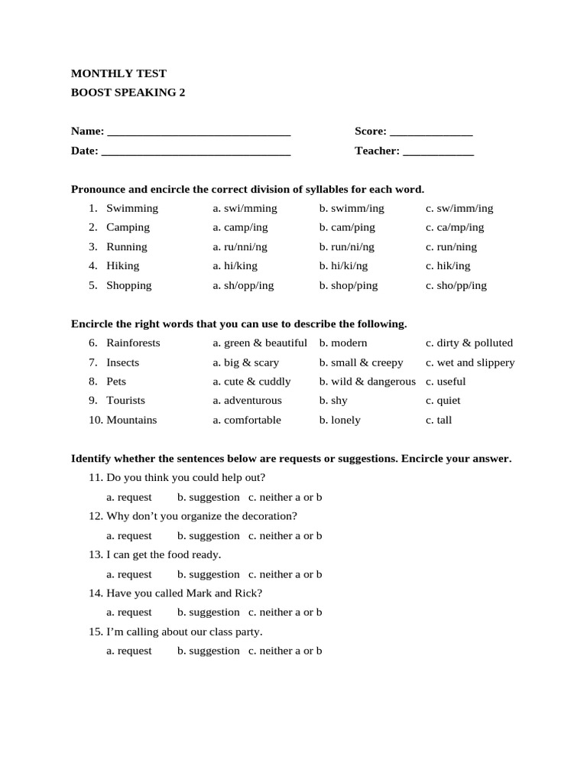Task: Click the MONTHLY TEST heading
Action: tap(118, 73)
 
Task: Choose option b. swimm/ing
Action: tap(352, 208)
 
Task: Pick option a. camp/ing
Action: tap(241, 227)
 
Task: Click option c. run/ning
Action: tap(451, 247)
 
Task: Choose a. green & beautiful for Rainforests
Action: tap(260, 343)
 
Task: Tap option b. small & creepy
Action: tap(361, 362)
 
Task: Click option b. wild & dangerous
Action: tap(367, 382)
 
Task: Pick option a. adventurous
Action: tap(247, 401)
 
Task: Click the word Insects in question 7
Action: tap(123, 362)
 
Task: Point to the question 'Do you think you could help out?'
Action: tap(186, 478)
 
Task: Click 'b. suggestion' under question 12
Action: tap(208, 536)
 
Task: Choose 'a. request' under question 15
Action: tap(129, 651)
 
